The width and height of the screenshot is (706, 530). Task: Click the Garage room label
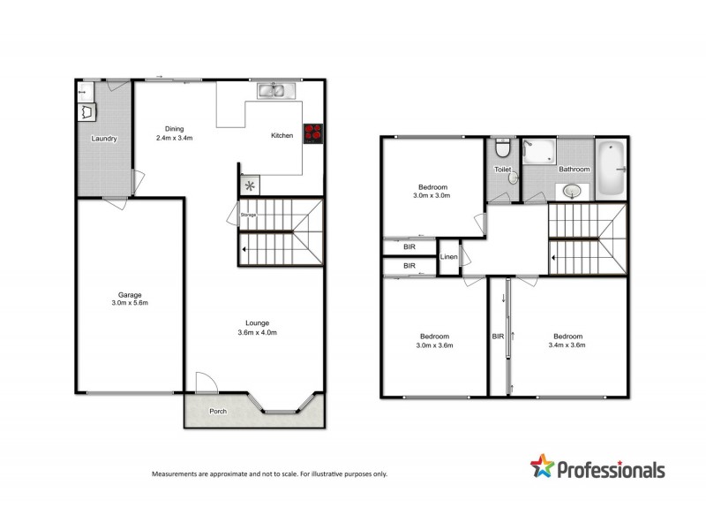(x=131, y=294)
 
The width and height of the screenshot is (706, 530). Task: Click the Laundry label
(x=104, y=139)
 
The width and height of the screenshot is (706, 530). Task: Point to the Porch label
(x=218, y=412)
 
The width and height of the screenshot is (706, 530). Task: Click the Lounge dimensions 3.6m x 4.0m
(x=258, y=332)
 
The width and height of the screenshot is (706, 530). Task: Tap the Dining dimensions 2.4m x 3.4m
(x=175, y=138)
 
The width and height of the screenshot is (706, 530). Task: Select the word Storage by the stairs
(x=248, y=215)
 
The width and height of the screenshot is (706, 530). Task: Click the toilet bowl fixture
(x=501, y=146)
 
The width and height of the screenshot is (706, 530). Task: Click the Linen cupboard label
(x=448, y=257)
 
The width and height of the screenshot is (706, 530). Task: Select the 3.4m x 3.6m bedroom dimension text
(x=567, y=346)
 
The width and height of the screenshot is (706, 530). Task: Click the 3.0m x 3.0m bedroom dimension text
(x=432, y=196)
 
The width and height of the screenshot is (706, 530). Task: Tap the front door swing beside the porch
(x=205, y=382)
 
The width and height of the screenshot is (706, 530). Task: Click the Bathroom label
(x=574, y=168)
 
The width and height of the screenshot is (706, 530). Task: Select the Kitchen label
(x=282, y=135)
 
